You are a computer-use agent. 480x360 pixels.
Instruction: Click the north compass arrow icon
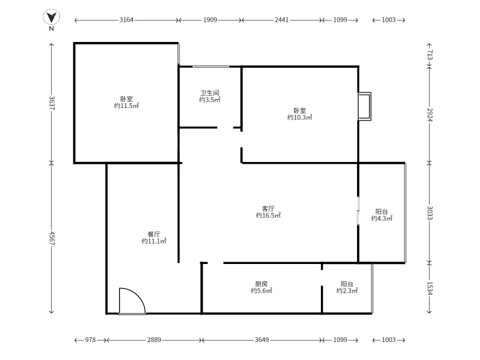click(x=51, y=17)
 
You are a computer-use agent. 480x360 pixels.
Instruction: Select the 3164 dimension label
click(x=126, y=20)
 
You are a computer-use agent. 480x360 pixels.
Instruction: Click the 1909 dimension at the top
click(x=210, y=20)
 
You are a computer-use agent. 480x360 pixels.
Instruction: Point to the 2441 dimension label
click(x=281, y=20)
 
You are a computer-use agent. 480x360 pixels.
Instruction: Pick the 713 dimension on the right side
click(x=430, y=55)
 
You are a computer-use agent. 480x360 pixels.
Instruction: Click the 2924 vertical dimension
click(x=430, y=115)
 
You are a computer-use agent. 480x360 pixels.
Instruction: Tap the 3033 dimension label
click(x=430, y=213)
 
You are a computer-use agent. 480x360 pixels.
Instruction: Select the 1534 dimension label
click(x=430, y=289)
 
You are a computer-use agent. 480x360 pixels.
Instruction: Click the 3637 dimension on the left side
click(x=52, y=103)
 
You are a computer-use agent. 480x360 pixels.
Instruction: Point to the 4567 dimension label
click(x=52, y=238)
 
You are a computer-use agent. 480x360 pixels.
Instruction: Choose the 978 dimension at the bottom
click(x=91, y=340)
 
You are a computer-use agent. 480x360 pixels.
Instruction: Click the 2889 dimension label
click(x=154, y=340)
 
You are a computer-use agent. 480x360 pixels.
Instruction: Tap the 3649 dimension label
click(x=262, y=340)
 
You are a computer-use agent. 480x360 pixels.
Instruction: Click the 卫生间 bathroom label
click(x=209, y=93)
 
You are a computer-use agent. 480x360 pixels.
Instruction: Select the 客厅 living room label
click(x=268, y=208)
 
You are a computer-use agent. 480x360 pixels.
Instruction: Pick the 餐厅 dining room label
click(x=154, y=234)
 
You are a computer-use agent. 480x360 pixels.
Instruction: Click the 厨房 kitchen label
click(x=262, y=284)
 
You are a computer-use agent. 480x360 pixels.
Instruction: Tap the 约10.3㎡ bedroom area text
click(x=299, y=118)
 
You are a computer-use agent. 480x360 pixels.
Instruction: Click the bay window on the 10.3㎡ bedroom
click(x=365, y=106)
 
